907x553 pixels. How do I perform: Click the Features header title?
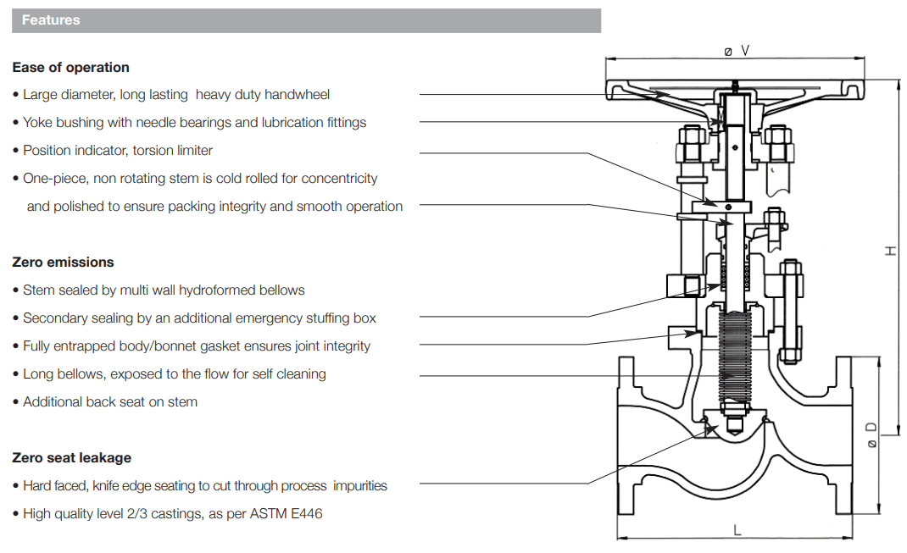(51, 20)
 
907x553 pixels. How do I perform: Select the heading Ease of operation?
(70, 68)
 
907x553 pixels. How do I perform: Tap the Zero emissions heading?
(63, 263)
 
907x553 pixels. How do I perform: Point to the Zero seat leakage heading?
(71, 458)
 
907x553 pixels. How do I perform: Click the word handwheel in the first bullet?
(299, 95)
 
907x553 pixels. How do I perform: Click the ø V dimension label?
(736, 51)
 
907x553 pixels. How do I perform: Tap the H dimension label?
(889, 251)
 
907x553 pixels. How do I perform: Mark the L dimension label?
(737, 530)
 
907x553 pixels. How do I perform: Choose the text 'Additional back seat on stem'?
(110, 402)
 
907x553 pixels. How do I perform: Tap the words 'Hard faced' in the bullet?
(55, 486)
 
